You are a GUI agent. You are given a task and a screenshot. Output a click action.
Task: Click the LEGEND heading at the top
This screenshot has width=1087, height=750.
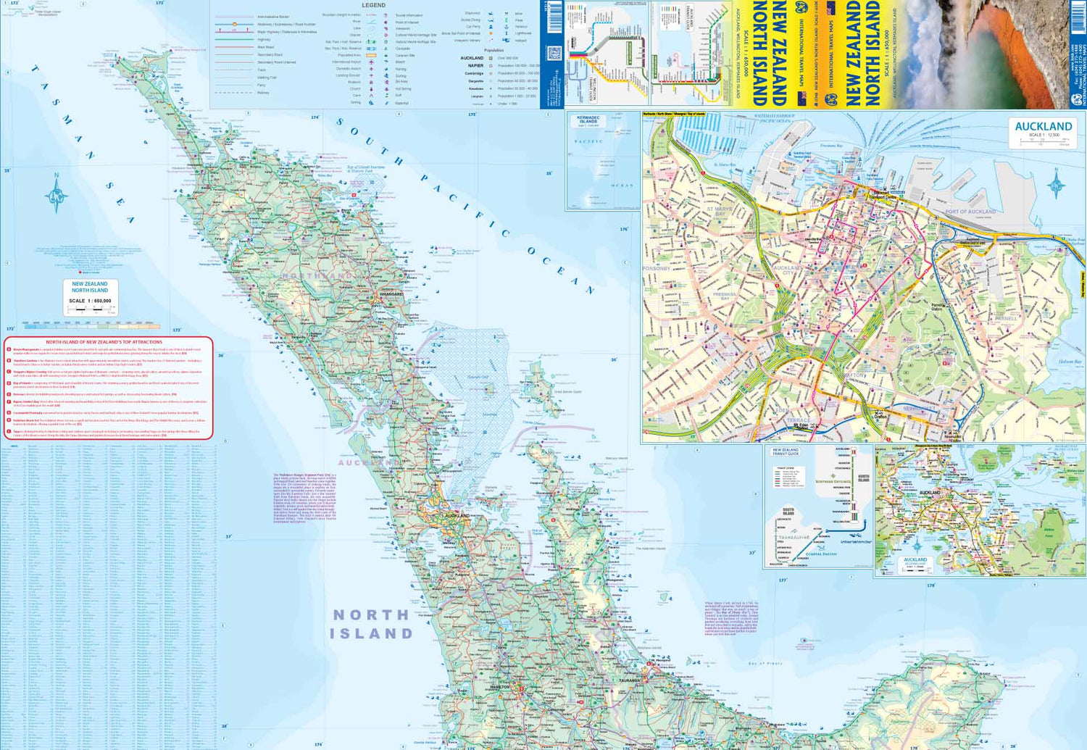click(374, 5)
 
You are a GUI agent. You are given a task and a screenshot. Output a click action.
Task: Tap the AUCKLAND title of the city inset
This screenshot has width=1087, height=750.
click(1043, 126)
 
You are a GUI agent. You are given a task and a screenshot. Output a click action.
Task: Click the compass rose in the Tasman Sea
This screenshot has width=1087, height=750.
click(57, 194)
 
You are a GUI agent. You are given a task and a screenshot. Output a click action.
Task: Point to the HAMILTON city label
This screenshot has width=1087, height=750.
click(500, 686)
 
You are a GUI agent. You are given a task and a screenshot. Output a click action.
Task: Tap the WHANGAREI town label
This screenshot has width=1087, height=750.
click(391, 294)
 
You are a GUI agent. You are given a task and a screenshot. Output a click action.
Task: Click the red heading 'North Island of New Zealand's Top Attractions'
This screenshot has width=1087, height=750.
click(104, 342)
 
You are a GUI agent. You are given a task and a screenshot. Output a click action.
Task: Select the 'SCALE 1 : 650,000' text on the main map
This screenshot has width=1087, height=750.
click(90, 301)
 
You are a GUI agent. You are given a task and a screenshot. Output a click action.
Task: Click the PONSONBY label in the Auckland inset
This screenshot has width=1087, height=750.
click(656, 269)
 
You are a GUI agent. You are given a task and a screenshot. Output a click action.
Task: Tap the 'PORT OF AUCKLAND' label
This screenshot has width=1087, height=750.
click(970, 212)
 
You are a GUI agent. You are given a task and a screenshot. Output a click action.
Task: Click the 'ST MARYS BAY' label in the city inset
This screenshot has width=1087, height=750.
click(720, 212)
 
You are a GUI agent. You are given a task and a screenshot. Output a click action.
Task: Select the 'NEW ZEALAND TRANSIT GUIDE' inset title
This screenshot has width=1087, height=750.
click(785, 451)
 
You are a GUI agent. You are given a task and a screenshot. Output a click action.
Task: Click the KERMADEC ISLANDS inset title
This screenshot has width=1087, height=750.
click(588, 120)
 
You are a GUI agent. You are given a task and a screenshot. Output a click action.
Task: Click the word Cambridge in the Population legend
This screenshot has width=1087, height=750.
click(474, 73)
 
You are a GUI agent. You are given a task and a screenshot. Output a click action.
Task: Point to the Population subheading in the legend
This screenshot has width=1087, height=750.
click(494, 50)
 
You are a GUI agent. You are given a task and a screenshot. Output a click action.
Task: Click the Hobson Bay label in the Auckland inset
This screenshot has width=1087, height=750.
click(1070, 362)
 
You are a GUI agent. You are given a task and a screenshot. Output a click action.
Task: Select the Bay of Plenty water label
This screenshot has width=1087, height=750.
click(765, 664)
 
